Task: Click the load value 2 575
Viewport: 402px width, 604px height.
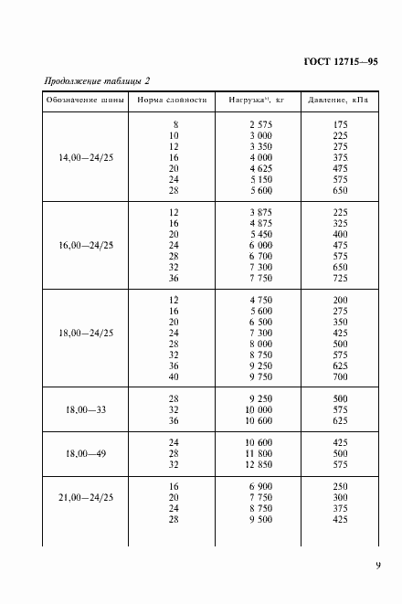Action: pos(261,123)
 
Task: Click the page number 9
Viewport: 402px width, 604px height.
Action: pos(377,566)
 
